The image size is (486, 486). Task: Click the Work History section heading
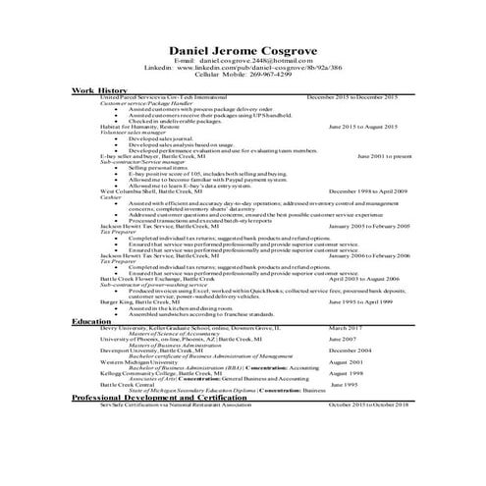click(99, 91)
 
